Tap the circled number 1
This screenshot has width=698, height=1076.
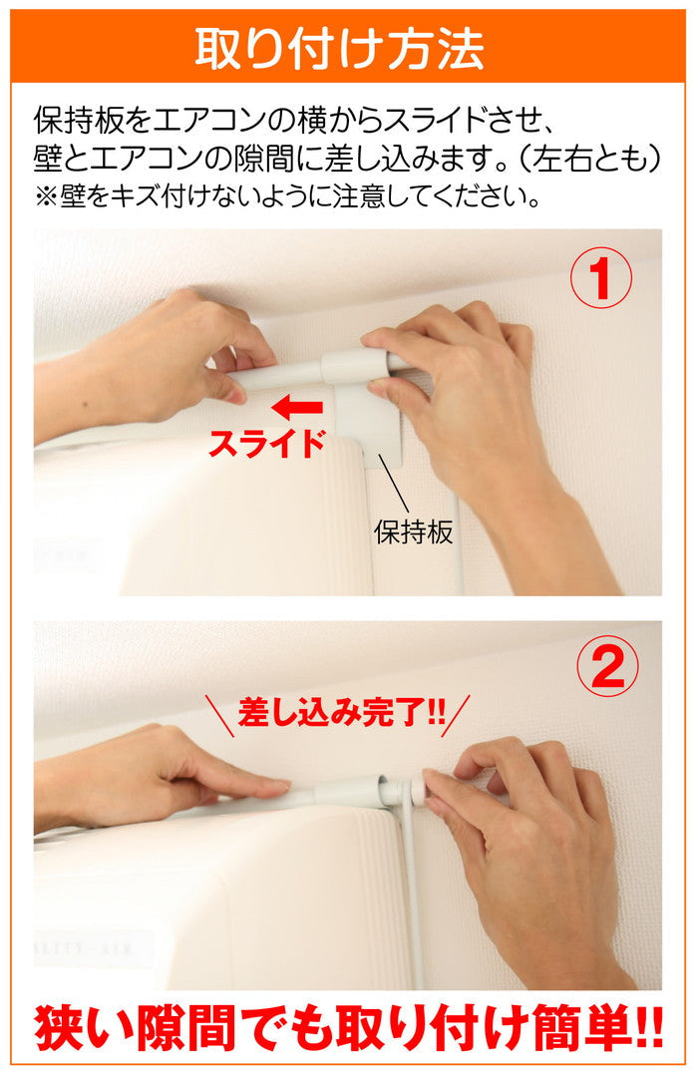pyautogui.click(x=600, y=277)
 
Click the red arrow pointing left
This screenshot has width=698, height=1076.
pyautogui.click(x=297, y=408)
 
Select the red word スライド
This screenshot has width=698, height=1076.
pyautogui.click(x=266, y=444)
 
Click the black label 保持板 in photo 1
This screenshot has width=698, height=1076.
pyautogui.click(x=413, y=532)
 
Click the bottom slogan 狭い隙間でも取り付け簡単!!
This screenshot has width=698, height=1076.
pyautogui.click(x=349, y=1028)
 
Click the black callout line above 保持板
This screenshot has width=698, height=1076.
pyautogui.click(x=393, y=483)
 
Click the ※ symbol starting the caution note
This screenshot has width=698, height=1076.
pyautogui.click(x=47, y=196)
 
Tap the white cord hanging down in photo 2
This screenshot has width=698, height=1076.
pyautogui.click(x=411, y=893)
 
